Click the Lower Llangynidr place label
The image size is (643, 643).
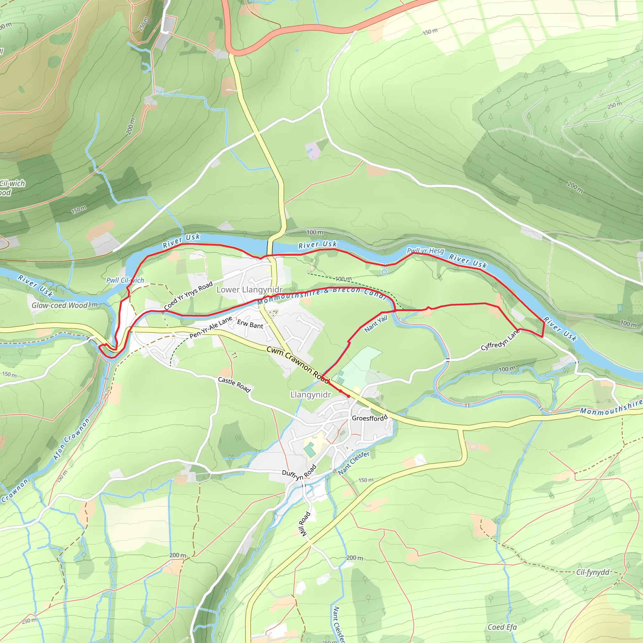click(249, 289)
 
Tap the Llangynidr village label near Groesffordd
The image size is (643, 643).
click(311, 395)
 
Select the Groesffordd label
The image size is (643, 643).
click(370, 418)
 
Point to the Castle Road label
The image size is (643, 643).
click(234, 384)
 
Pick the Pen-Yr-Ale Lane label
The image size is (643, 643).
click(211, 327)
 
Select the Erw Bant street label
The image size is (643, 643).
click(250, 324)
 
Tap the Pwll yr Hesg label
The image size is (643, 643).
click(425, 251)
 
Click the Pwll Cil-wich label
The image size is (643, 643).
click(125, 280)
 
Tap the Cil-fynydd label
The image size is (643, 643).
click(593, 572)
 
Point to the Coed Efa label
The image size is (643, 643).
click(502, 627)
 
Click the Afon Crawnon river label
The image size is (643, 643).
click(72, 439)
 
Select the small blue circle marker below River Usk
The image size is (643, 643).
click(384, 272)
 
